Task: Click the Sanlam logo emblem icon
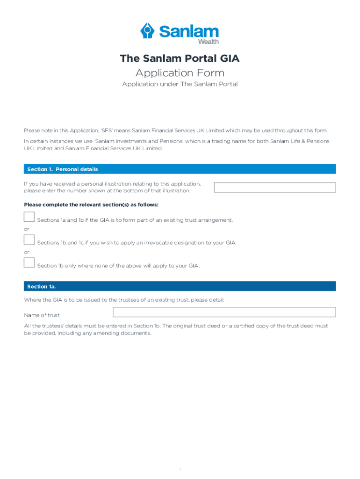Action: coord(148,31)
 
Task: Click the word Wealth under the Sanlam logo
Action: coord(209,42)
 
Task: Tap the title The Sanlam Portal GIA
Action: coord(180,58)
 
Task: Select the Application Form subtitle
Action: coord(180,73)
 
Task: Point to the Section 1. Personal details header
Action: coord(63,169)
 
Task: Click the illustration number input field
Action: coord(274,188)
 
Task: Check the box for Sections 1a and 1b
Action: coord(29,217)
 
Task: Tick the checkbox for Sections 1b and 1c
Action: coord(29,240)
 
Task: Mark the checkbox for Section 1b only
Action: coord(29,263)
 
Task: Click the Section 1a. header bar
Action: coord(180,286)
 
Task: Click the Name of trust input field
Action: coord(224,312)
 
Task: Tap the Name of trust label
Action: coord(42,315)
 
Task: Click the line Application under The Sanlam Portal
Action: coord(180,84)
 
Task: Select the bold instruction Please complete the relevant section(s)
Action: coord(91,205)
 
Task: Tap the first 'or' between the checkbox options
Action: coord(27,229)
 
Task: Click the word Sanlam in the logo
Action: coord(188,31)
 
